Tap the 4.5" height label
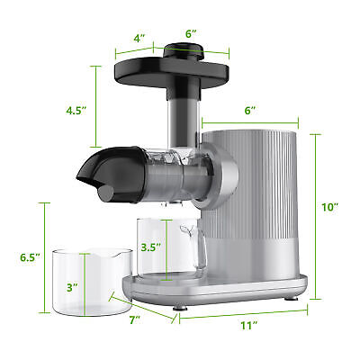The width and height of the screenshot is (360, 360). point(78,111)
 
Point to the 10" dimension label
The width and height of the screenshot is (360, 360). point(329,207)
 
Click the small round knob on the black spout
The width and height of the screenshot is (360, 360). point(105,191)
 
